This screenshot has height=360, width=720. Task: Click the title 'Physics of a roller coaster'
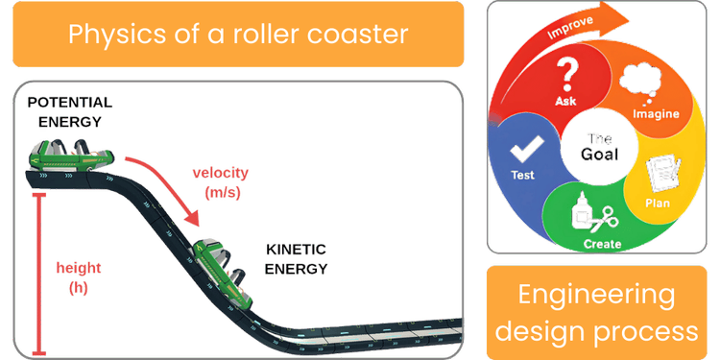pos(237,35)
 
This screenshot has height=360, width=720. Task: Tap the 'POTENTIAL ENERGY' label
pos(69,111)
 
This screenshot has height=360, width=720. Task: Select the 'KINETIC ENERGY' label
pos(296,258)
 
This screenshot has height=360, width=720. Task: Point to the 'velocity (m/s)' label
pos(220,181)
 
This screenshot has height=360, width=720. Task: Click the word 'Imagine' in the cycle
pos(656,114)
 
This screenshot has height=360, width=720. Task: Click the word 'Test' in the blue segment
pos(523,176)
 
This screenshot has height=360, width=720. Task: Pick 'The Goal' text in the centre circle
pos(600,146)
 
